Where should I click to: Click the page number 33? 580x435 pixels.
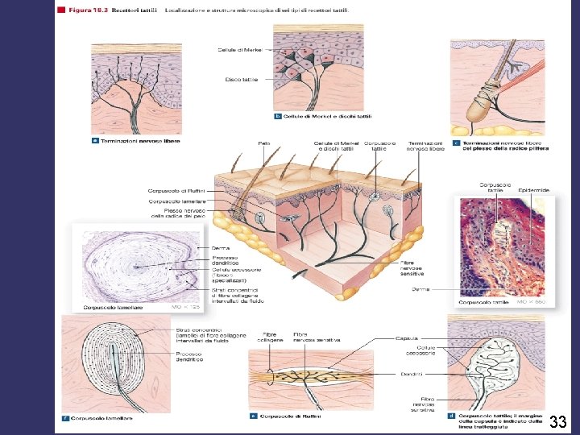click(557, 421)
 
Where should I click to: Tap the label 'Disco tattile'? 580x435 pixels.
click(241, 79)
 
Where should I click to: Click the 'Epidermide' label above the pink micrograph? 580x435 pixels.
click(534, 190)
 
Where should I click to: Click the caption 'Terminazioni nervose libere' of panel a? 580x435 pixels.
click(139, 141)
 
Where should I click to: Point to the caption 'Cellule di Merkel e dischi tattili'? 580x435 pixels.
click(325, 117)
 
